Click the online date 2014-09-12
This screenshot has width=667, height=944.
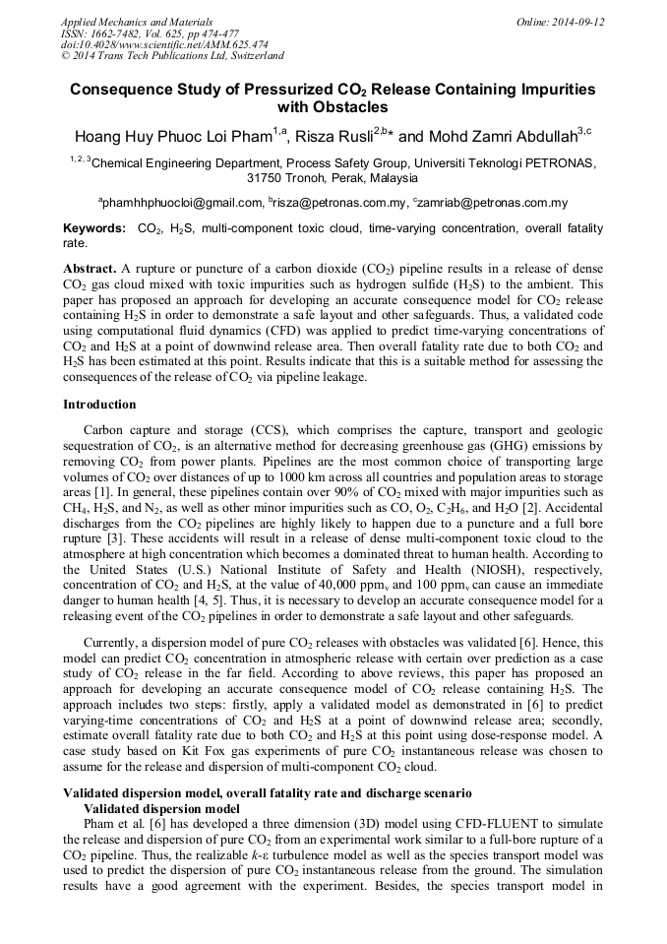[x=580, y=21]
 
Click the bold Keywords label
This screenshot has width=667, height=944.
[x=93, y=228]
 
